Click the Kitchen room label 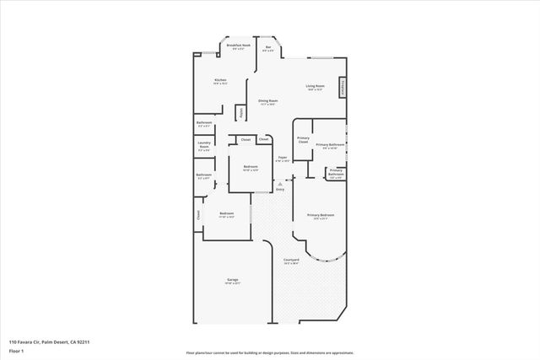[x=220, y=81]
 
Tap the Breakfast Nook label [x=239, y=48]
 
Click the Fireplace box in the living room [x=343, y=88]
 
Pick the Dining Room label [x=268, y=103]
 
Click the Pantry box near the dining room [x=241, y=111]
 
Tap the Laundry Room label [x=203, y=148]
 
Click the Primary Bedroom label [x=321, y=217]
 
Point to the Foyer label [x=282, y=159]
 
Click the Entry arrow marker [x=280, y=186]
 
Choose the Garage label [x=232, y=281]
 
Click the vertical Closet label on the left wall [x=199, y=215]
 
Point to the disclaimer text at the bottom [x=269, y=353]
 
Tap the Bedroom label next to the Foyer [x=251, y=168]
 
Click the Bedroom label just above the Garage [x=226, y=214]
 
